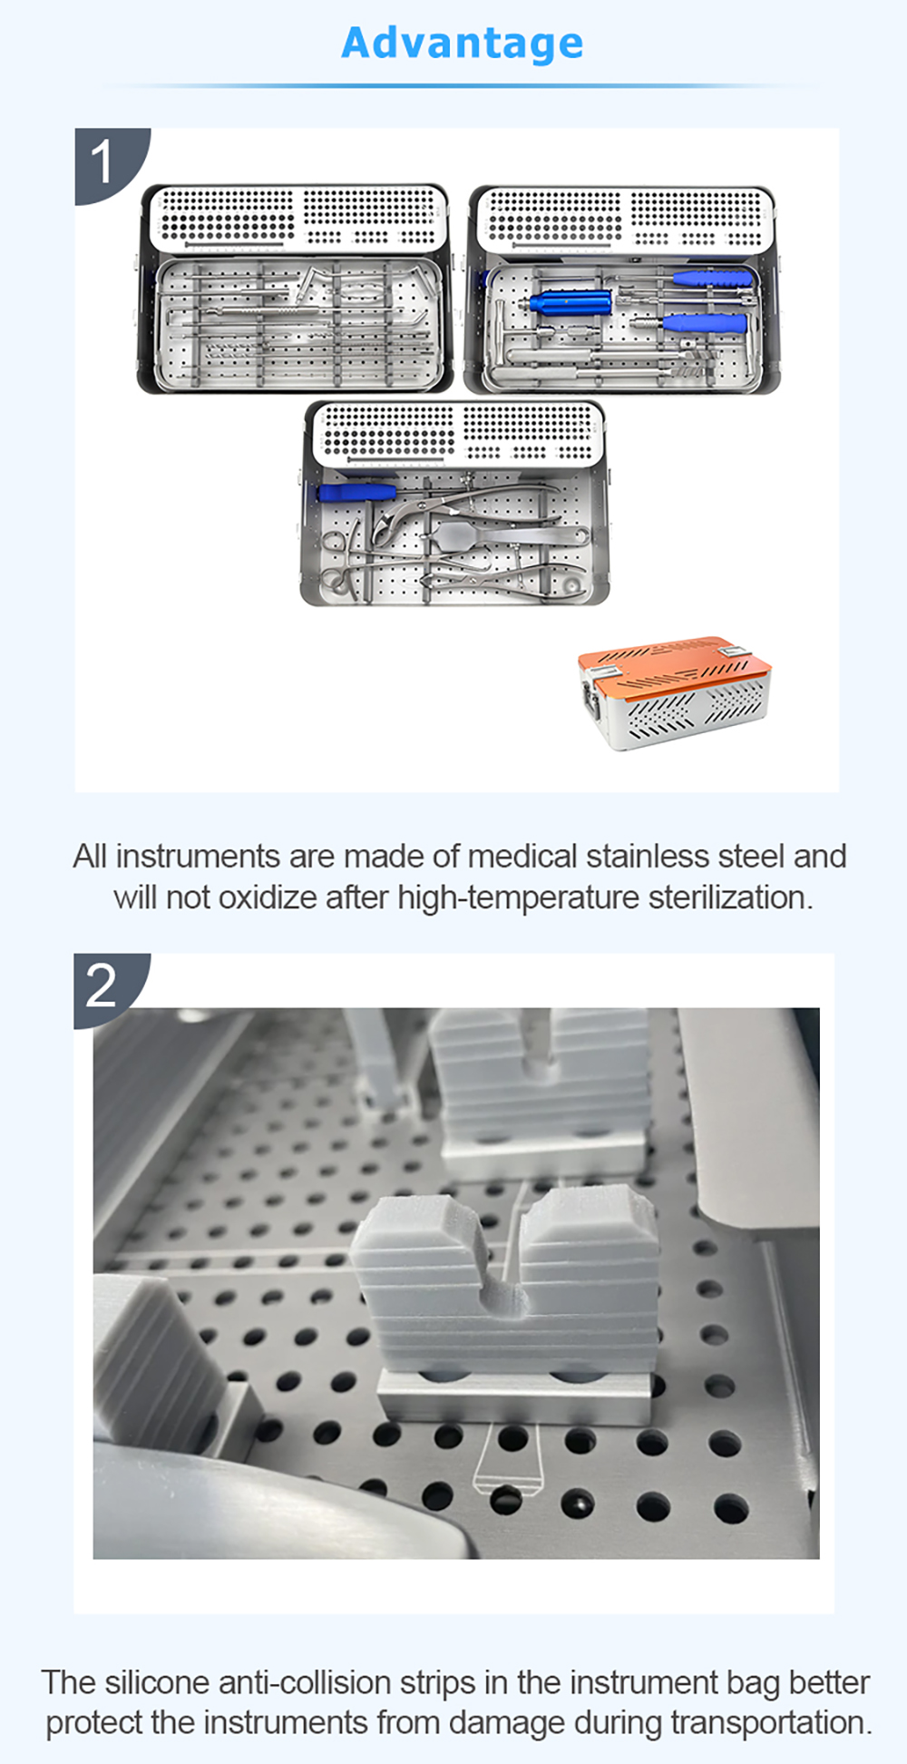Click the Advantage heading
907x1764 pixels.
[462, 43]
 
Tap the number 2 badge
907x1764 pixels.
[102, 986]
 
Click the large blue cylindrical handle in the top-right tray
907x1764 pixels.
[570, 302]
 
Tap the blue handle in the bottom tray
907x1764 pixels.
[356, 492]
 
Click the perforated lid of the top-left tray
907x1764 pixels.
[297, 217]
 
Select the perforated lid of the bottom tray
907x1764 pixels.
[458, 433]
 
